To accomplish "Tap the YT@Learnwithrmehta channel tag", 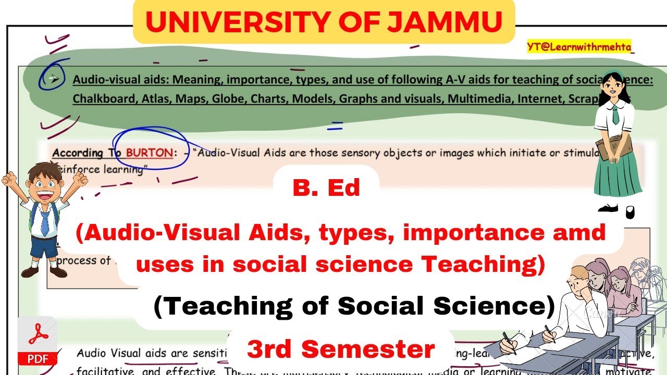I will tap(579, 47).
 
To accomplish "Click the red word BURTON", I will tap(149, 153).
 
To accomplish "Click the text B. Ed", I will tap(326, 187).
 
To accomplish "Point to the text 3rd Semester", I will tap(341, 349).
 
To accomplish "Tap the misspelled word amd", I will tap(582, 232).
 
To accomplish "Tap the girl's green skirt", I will tap(619, 174).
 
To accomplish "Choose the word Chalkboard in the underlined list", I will tap(103, 98).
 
